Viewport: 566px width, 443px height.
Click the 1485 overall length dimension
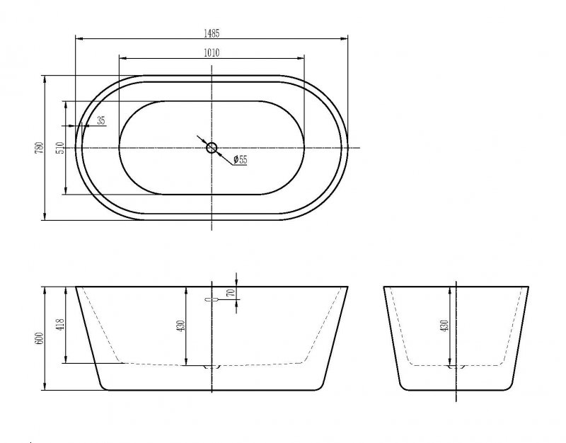point(212,32)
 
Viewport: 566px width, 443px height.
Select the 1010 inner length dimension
point(212,52)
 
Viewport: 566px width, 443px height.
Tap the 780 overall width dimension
point(40,147)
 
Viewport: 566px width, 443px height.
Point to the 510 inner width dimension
point(60,147)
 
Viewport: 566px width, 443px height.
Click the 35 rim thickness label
point(100,121)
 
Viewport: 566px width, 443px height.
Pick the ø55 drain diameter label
point(241,161)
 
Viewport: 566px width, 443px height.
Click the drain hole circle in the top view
point(212,147)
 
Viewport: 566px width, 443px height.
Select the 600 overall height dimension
point(40,338)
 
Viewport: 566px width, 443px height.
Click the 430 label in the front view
point(180,326)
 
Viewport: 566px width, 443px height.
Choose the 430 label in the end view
point(444,326)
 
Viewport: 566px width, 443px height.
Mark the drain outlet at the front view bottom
point(212,367)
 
